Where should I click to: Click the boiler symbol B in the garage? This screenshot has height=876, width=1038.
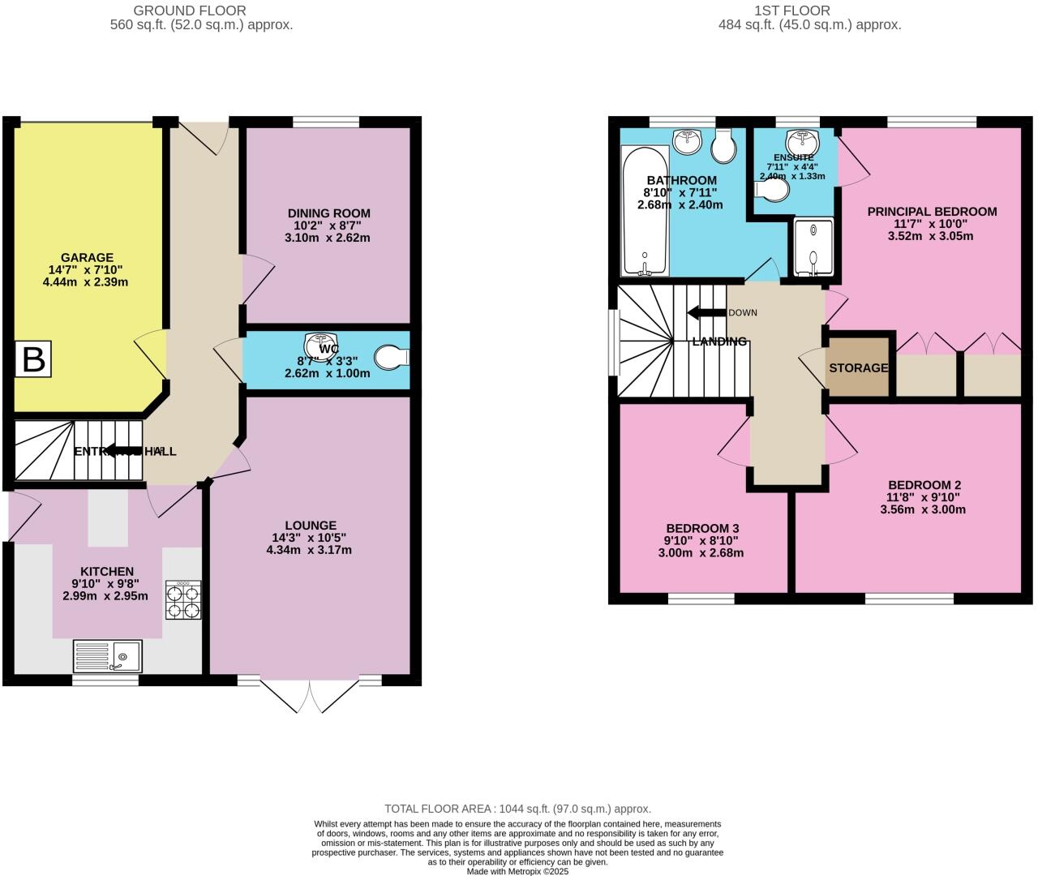tap(33, 359)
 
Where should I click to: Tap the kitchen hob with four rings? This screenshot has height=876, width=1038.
tap(183, 601)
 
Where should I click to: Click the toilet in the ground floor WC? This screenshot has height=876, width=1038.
tap(392, 358)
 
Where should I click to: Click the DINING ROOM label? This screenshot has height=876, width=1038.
tap(328, 213)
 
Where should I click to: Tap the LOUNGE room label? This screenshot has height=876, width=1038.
tap(310, 525)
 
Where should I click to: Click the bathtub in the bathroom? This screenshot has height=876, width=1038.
tap(646, 212)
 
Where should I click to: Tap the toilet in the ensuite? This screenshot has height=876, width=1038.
tap(772, 190)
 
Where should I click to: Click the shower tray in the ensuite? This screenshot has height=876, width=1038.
tap(813, 248)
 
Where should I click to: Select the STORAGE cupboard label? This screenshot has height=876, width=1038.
tap(858, 367)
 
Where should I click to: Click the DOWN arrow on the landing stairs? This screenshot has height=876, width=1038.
tap(706, 313)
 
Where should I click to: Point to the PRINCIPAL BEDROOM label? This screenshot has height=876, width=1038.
tap(932, 212)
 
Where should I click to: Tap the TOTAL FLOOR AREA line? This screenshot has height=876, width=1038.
tap(517, 809)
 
